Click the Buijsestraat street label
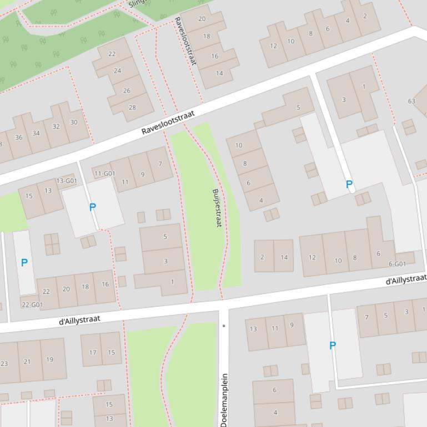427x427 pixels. tap(217, 208)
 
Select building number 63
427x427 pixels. tap(411, 101)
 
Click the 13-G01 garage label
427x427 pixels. tap(67, 181)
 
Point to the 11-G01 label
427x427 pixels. tap(104, 174)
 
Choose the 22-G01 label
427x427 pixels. tap(32, 304)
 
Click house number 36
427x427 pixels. tap(19, 138)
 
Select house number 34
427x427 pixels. tap(36, 133)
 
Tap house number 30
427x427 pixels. tap(74, 122)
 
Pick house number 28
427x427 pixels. tap(132, 108)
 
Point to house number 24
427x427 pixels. tap(117, 71)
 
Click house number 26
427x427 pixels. tap(127, 90)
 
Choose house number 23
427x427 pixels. tap(4, 364)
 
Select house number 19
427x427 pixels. tap(49, 359)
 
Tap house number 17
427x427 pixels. tap(93, 352)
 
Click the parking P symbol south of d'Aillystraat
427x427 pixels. tap(333, 345)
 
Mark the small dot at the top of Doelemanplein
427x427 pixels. tap(224, 326)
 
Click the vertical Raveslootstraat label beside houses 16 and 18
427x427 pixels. tap(185, 41)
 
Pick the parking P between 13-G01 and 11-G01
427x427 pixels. tap(93, 207)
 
